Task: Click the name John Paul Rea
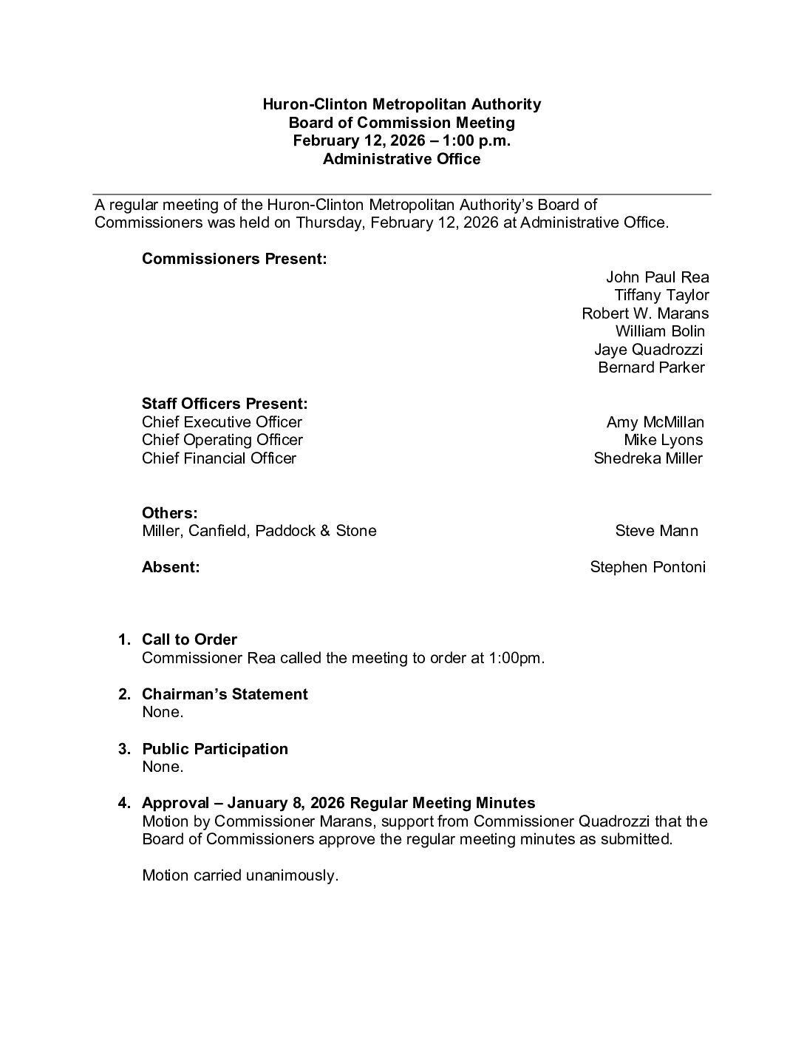(657, 277)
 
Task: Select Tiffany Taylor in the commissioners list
(661, 295)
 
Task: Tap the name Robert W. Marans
(645, 313)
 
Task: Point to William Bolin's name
(660, 331)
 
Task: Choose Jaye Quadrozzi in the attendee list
(648, 349)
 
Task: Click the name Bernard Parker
(651, 367)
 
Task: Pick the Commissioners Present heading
(234, 260)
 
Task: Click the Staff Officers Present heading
(225, 404)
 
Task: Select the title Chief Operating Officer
(222, 440)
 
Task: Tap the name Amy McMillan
(655, 422)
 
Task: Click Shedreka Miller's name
(648, 458)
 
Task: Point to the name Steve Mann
(656, 531)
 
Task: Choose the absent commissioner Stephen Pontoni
(647, 567)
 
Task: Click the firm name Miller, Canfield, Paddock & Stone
(259, 531)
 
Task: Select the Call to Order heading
(189, 640)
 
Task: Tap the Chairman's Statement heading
(225, 694)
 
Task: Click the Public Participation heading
(215, 749)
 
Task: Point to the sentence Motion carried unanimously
(240, 876)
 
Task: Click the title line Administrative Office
(401, 159)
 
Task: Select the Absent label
(171, 567)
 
